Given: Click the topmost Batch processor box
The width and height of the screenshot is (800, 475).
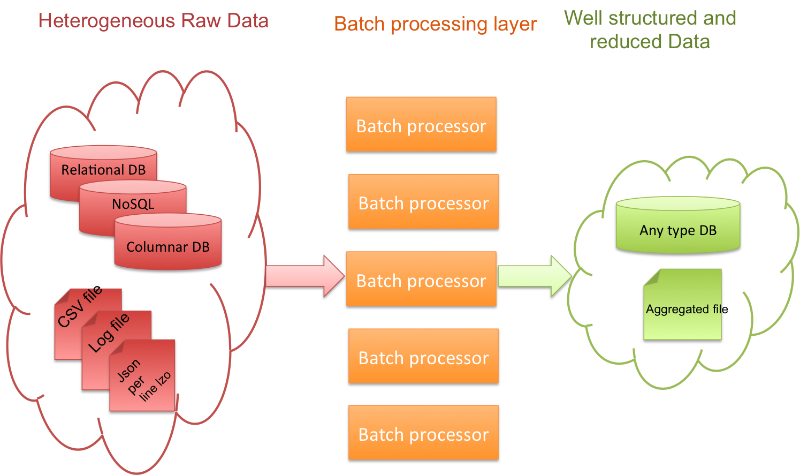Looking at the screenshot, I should pos(421,124).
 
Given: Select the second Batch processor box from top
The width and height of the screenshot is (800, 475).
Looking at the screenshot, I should pos(423,201).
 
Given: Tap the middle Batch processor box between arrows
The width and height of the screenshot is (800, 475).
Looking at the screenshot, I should pos(421,279).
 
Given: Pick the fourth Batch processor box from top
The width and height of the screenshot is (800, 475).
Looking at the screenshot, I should pos(423,356).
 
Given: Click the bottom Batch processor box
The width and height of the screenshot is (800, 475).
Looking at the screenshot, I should pos(423,433).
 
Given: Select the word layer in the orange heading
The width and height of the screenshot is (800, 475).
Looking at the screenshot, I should pos(515,24).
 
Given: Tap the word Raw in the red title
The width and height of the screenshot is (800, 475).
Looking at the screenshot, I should pos(201,21).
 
